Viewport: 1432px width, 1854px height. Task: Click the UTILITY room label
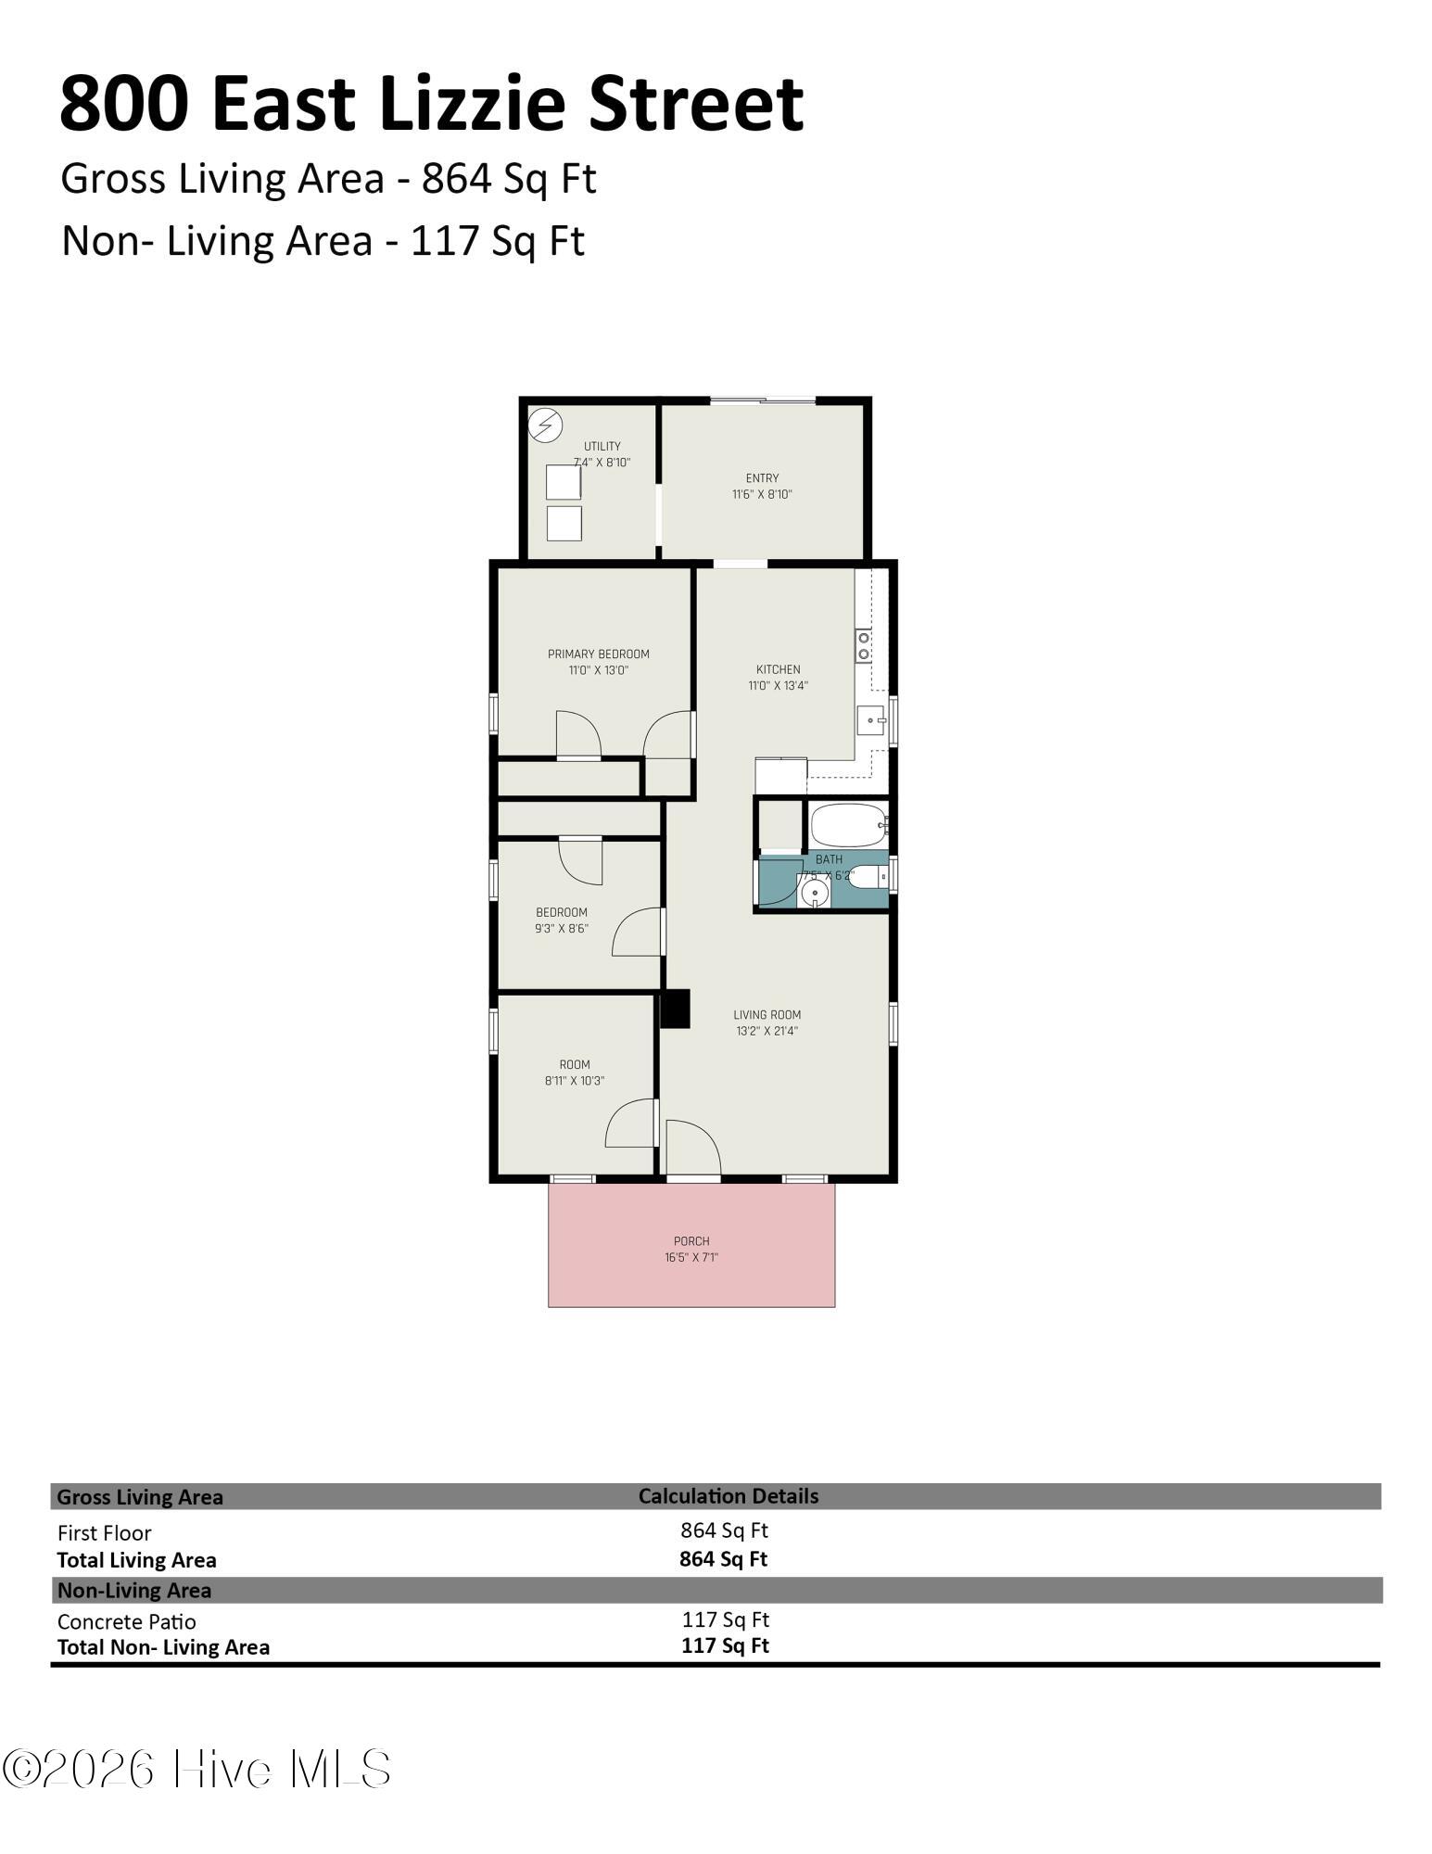(602, 446)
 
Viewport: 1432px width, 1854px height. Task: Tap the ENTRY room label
(762, 478)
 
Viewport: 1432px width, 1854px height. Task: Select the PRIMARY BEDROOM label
(599, 654)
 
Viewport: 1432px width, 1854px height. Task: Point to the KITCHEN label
(779, 669)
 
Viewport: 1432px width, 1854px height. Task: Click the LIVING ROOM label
(767, 1014)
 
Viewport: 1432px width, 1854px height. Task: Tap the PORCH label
(691, 1241)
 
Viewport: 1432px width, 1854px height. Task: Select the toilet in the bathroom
(868, 876)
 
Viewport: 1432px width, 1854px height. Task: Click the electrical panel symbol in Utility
(545, 425)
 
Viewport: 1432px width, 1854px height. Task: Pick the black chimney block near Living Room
(676, 1009)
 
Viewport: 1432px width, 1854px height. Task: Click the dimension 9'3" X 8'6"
(562, 928)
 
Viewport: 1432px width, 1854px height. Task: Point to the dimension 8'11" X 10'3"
(575, 1080)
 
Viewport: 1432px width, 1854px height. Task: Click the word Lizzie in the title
(473, 104)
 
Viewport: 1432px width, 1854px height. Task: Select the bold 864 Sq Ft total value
(724, 1558)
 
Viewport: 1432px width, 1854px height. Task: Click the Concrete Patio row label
(127, 1621)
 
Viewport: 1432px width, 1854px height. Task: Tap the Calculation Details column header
(729, 1495)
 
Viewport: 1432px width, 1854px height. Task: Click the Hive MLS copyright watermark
(196, 1769)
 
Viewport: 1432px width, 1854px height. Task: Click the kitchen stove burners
(864, 645)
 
